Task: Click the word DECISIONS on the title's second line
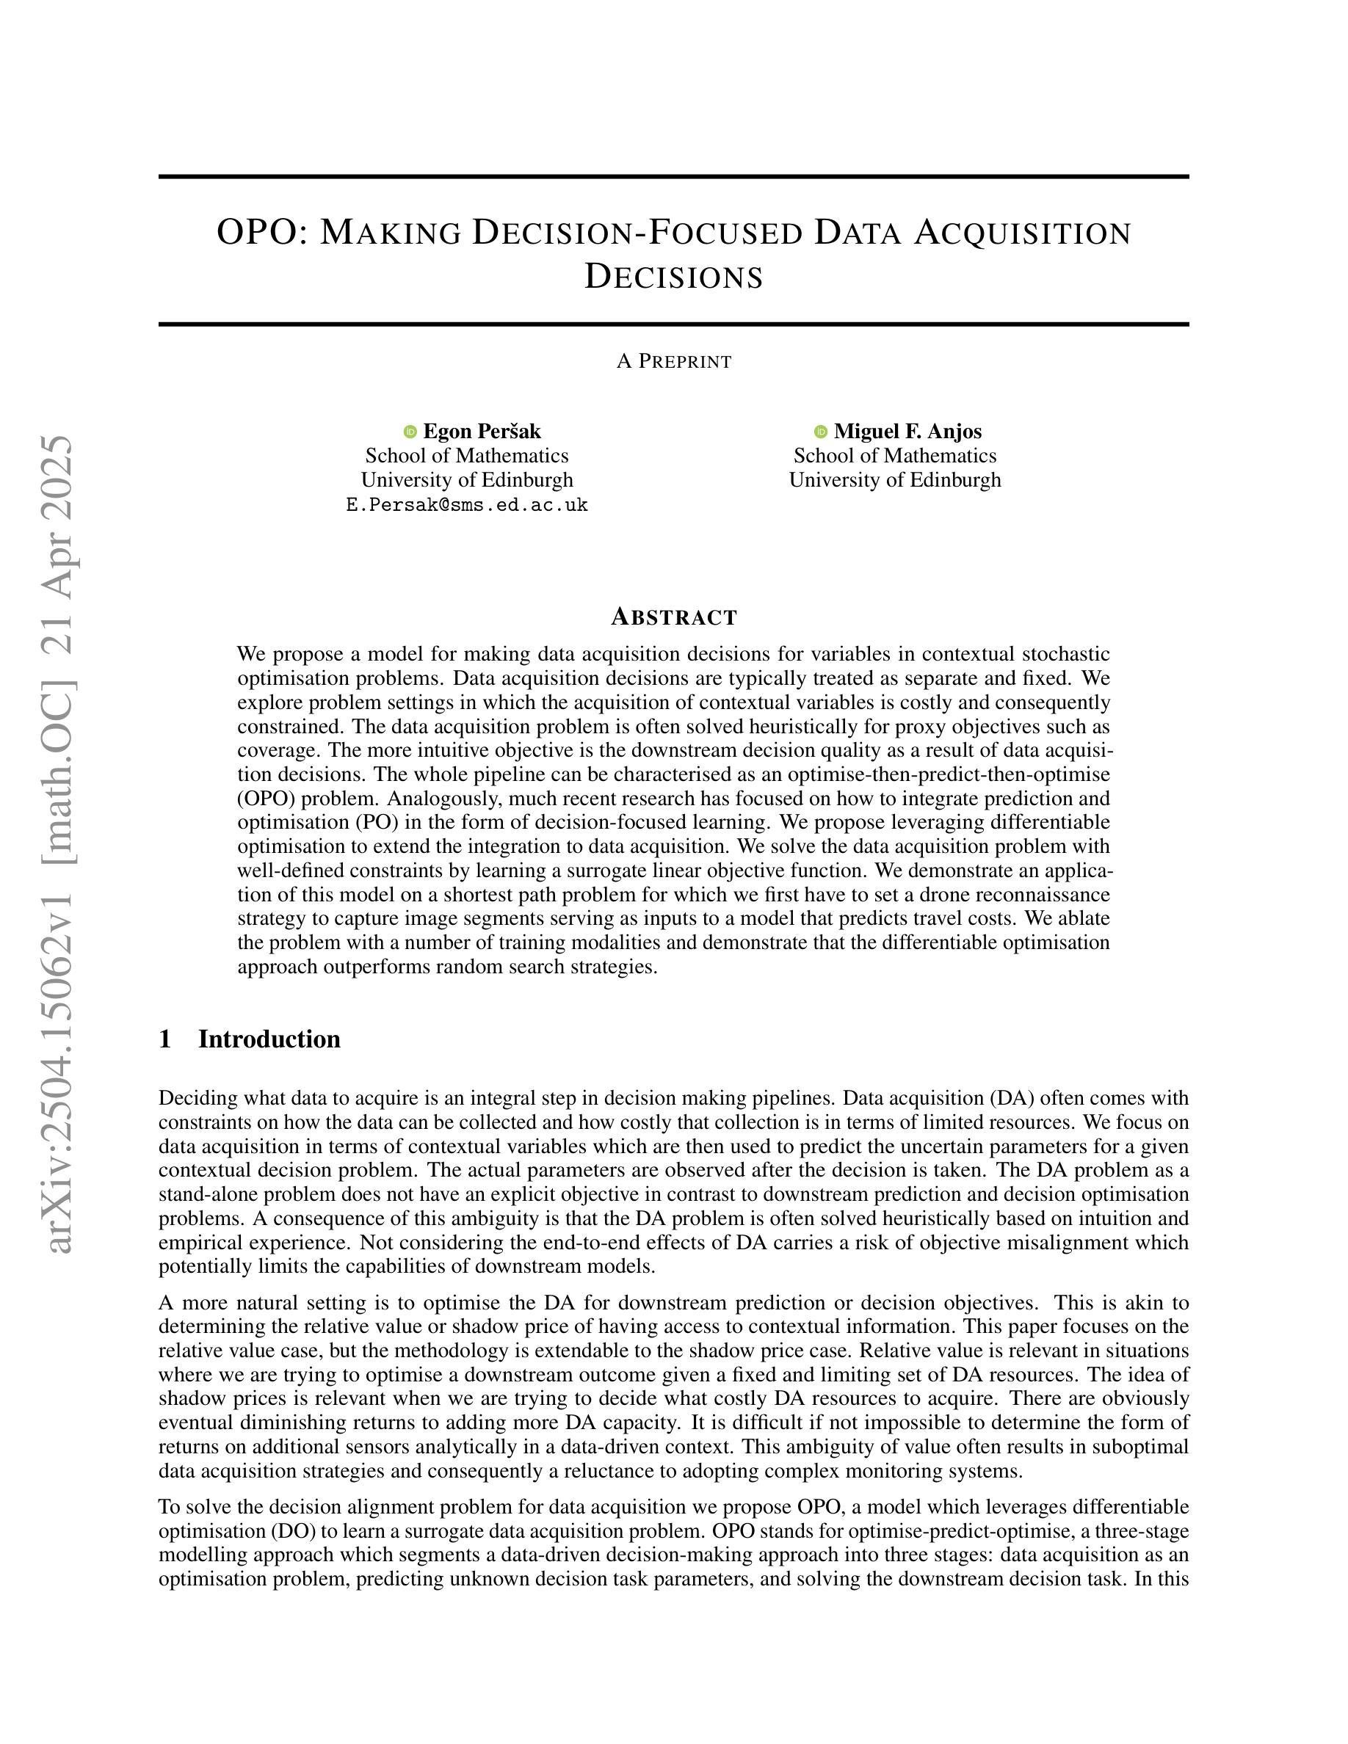[x=673, y=277]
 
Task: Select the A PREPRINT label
[x=673, y=362]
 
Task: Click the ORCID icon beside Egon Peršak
[x=410, y=432]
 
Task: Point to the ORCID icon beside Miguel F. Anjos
[x=820, y=432]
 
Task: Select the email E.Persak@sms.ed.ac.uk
[x=467, y=505]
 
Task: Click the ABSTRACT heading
[x=673, y=617]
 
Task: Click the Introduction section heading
[x=269, y=1039]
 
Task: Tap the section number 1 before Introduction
[x=165, y=1039]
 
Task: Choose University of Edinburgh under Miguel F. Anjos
[x=894, y=480]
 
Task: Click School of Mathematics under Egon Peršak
[x=467, y=456]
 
